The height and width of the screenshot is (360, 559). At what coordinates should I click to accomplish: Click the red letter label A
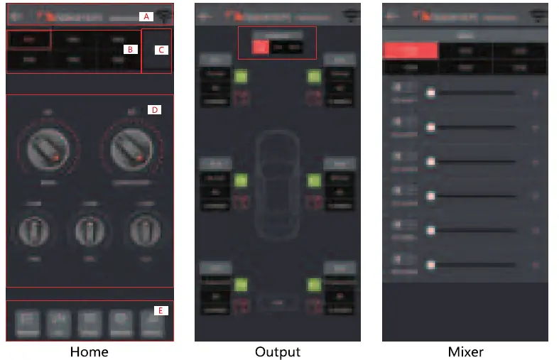point(146,16)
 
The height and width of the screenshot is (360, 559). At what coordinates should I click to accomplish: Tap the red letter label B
point(129,49)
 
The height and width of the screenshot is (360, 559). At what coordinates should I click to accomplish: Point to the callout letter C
point(161,50)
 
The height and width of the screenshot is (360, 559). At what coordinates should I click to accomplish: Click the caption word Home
point(89,351)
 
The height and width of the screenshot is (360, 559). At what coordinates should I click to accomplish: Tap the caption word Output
point(278,351)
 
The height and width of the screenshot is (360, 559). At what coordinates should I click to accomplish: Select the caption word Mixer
point(465,351)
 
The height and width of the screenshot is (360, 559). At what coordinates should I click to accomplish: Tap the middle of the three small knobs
point(92,230)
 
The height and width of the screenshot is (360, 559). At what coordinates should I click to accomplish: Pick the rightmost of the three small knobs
point(144,230)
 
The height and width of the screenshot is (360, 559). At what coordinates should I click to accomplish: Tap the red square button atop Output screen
point(261,47)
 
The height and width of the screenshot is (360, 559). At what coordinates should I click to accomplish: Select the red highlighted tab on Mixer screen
point(411,50)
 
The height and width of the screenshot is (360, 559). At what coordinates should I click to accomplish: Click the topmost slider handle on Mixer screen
point(430,92)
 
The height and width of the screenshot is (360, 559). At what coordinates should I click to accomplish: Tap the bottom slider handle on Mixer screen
point(430,265)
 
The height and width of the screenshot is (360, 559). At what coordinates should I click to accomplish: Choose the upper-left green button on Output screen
point(239,76)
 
